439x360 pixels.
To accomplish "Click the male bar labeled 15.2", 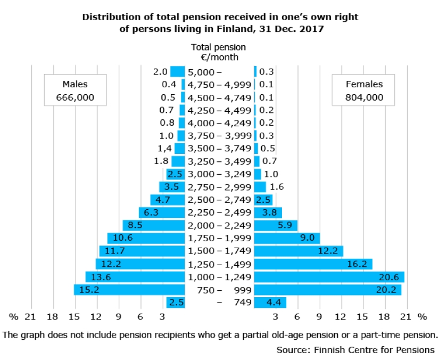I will pyautogui.click(x=129, y=290).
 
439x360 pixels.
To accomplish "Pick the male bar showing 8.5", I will pyautogui.click(x=154, y=225).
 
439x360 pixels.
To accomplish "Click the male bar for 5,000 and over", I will pyautogui.click(x=177, y=71).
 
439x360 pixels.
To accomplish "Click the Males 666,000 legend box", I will pyautogui.click(x=75, y=91).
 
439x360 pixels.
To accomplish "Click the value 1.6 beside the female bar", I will pyautogui.click(x=277, y=187).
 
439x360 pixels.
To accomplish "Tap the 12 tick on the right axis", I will pyautogui.click(x=341, y=317).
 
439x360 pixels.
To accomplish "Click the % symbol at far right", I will pyautogui.click(x=423, y=317).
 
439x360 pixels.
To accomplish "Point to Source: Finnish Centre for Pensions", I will pyautogui.click(x=355, y=350).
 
